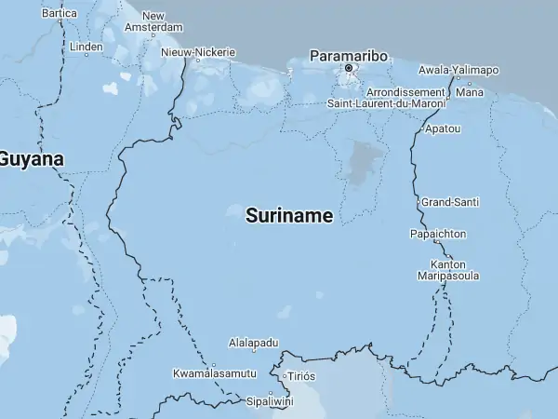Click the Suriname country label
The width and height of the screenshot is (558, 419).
point(289,216)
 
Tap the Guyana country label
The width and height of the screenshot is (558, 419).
point(31,159)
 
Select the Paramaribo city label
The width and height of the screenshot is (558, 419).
point(349,54)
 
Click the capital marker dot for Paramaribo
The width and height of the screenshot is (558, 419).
point(349,68)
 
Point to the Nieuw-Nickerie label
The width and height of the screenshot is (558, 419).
point(198,52)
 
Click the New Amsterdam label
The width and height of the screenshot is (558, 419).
point(153,22)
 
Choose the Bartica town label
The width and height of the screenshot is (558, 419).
point(60,14)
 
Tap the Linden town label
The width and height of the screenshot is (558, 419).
point(86,47)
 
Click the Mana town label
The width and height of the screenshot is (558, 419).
point(470,92)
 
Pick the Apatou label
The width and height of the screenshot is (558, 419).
point(442,128)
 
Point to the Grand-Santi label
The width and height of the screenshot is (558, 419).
point(449,202)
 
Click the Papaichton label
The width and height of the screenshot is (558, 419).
point(438,234)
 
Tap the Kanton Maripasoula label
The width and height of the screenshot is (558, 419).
point(448,270)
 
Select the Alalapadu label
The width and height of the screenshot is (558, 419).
point(254,344)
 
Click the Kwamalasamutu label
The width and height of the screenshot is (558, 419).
point(215,373)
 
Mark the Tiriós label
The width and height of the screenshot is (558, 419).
point(301,376)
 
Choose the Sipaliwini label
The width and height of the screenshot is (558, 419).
point(269,402)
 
